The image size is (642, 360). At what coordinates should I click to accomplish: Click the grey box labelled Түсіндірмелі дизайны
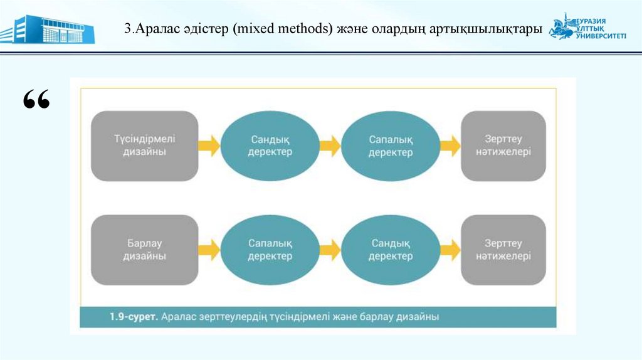144,146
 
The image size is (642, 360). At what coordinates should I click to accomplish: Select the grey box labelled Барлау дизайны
144,250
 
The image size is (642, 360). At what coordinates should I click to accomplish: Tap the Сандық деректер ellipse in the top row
270,146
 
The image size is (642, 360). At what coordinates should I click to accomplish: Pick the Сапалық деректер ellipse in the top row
390,146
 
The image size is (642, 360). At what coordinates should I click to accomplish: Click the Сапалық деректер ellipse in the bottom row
270,250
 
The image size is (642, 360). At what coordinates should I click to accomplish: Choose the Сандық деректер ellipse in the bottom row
390,250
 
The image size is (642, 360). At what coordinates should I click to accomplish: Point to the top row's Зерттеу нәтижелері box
503,146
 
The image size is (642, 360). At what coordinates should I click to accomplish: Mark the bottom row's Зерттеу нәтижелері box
503,250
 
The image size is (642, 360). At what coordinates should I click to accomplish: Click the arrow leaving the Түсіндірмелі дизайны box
209,146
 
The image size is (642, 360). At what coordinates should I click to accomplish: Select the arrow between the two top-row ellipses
330,146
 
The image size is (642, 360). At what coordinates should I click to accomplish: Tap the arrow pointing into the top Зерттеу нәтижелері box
450,146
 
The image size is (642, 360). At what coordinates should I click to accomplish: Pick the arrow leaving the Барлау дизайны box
209,250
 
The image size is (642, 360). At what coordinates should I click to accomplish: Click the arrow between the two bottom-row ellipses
330,250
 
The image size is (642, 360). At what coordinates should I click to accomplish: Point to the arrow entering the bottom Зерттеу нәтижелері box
450,250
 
